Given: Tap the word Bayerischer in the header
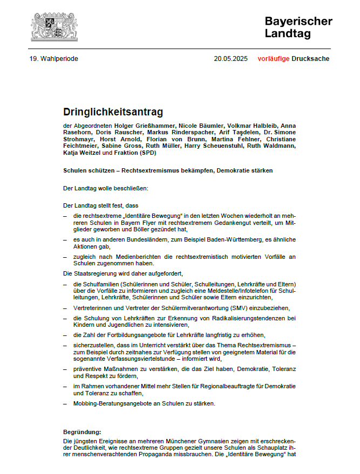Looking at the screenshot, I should tap(298, 21).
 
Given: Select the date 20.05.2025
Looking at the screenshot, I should tap(230, 59).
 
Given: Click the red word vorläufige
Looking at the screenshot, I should tap(273, 59).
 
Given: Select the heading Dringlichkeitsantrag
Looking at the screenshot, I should tap(113, 112).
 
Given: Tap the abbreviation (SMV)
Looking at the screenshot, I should tap(230, 308).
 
